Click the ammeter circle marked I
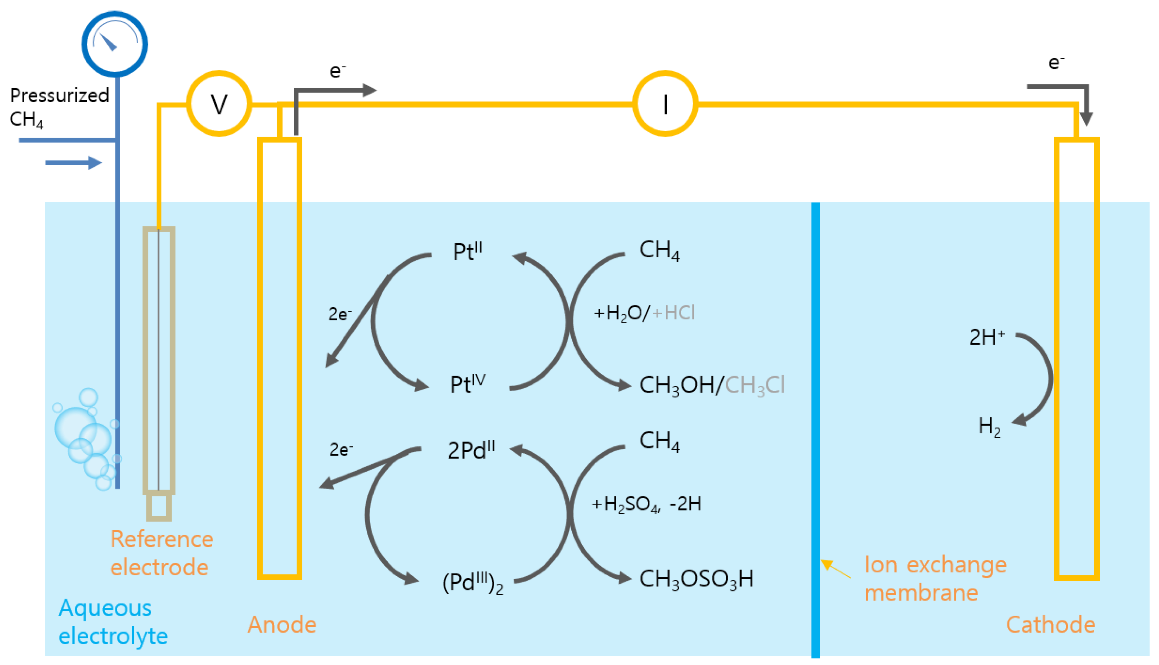[665, 104]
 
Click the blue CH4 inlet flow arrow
[73, 163]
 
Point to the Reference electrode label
[161, 553]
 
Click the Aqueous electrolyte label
[113, 622]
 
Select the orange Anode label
[281, 625]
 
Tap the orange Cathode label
[1050, 625]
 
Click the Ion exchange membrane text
[935, 579]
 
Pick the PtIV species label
[467, 384]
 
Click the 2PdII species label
[471, 450]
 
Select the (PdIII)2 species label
[473, 583]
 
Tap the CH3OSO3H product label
[696, 579]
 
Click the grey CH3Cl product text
[755, 385]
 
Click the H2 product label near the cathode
[989, 427]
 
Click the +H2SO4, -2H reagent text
[646, 504]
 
